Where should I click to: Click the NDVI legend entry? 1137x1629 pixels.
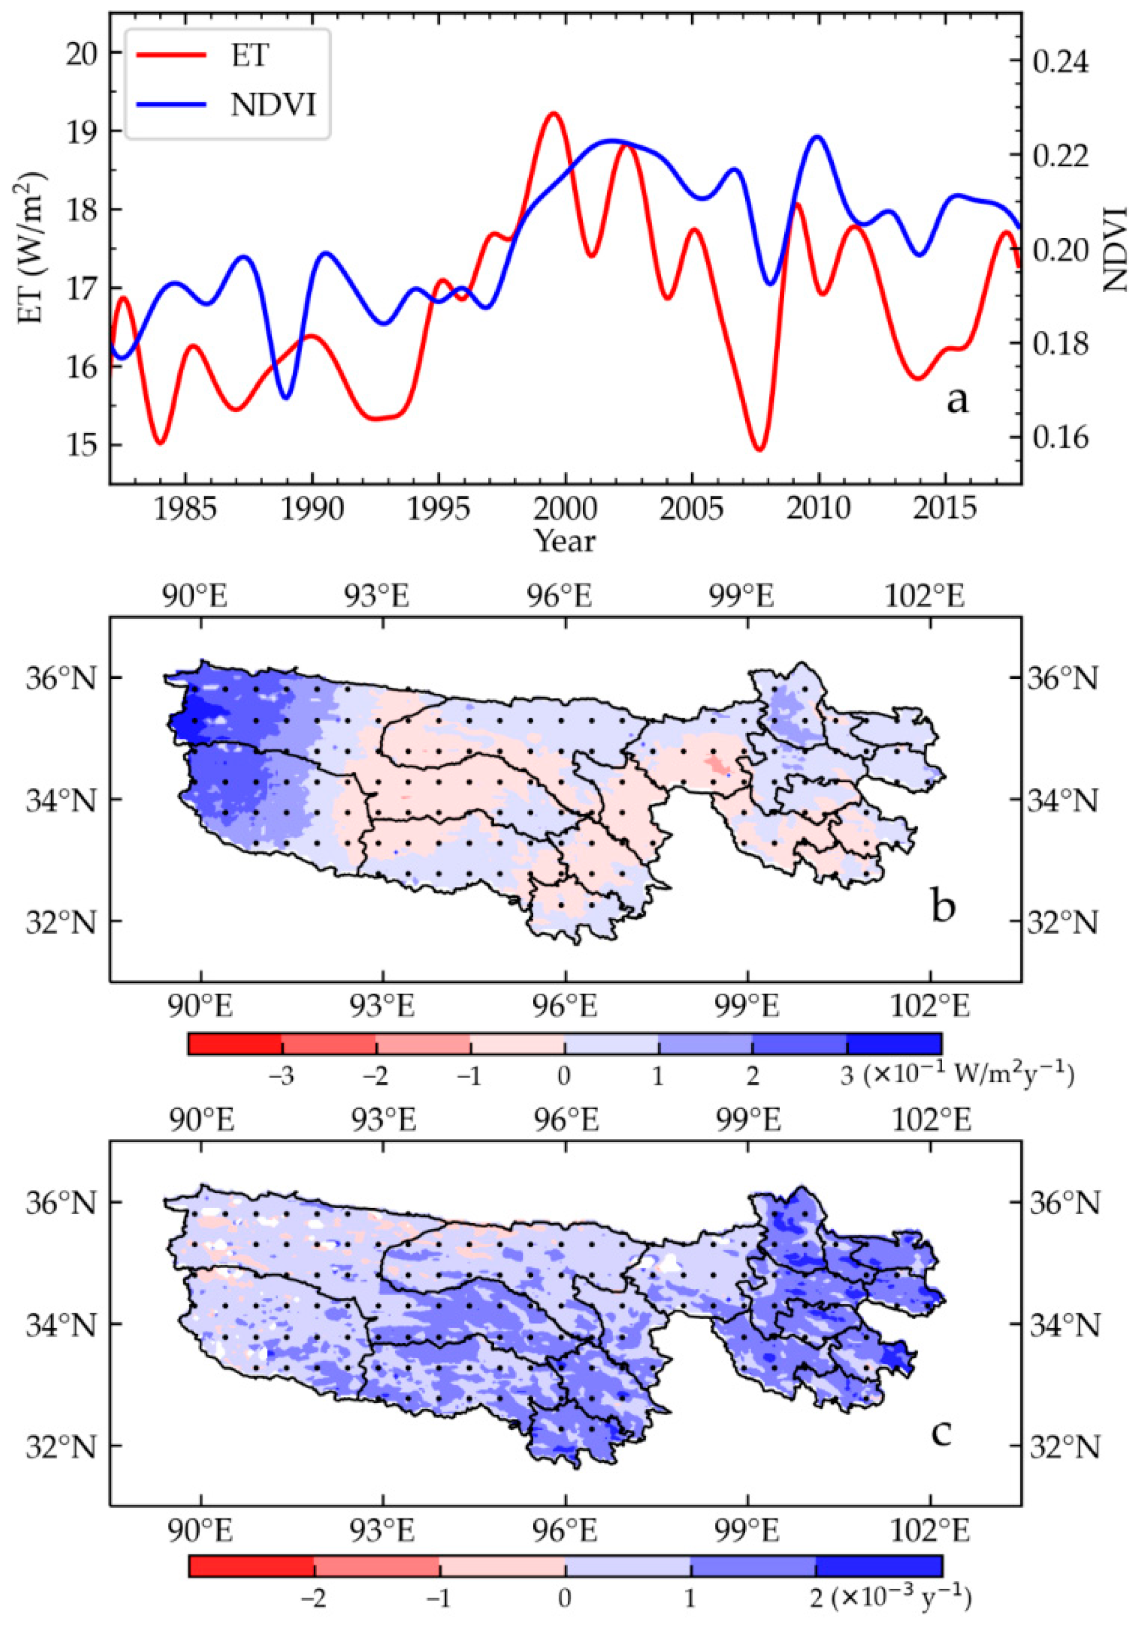pyautogui.click(x=227, y=105)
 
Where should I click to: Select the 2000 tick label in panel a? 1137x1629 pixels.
pyautogui.click(x=565, y=509)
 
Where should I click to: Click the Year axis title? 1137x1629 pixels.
pyautogui.click(x=565, y=541)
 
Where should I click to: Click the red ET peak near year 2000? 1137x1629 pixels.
pyautogui.click(x=554, y=113)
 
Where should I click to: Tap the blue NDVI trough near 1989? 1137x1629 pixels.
pyautogui.click(x=286, y=398)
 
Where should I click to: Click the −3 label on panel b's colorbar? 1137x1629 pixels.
pyautogui.click(x=282, y=1076)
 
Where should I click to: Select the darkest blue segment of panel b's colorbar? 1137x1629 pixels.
pyautogui.click(x=894, y=1044)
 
